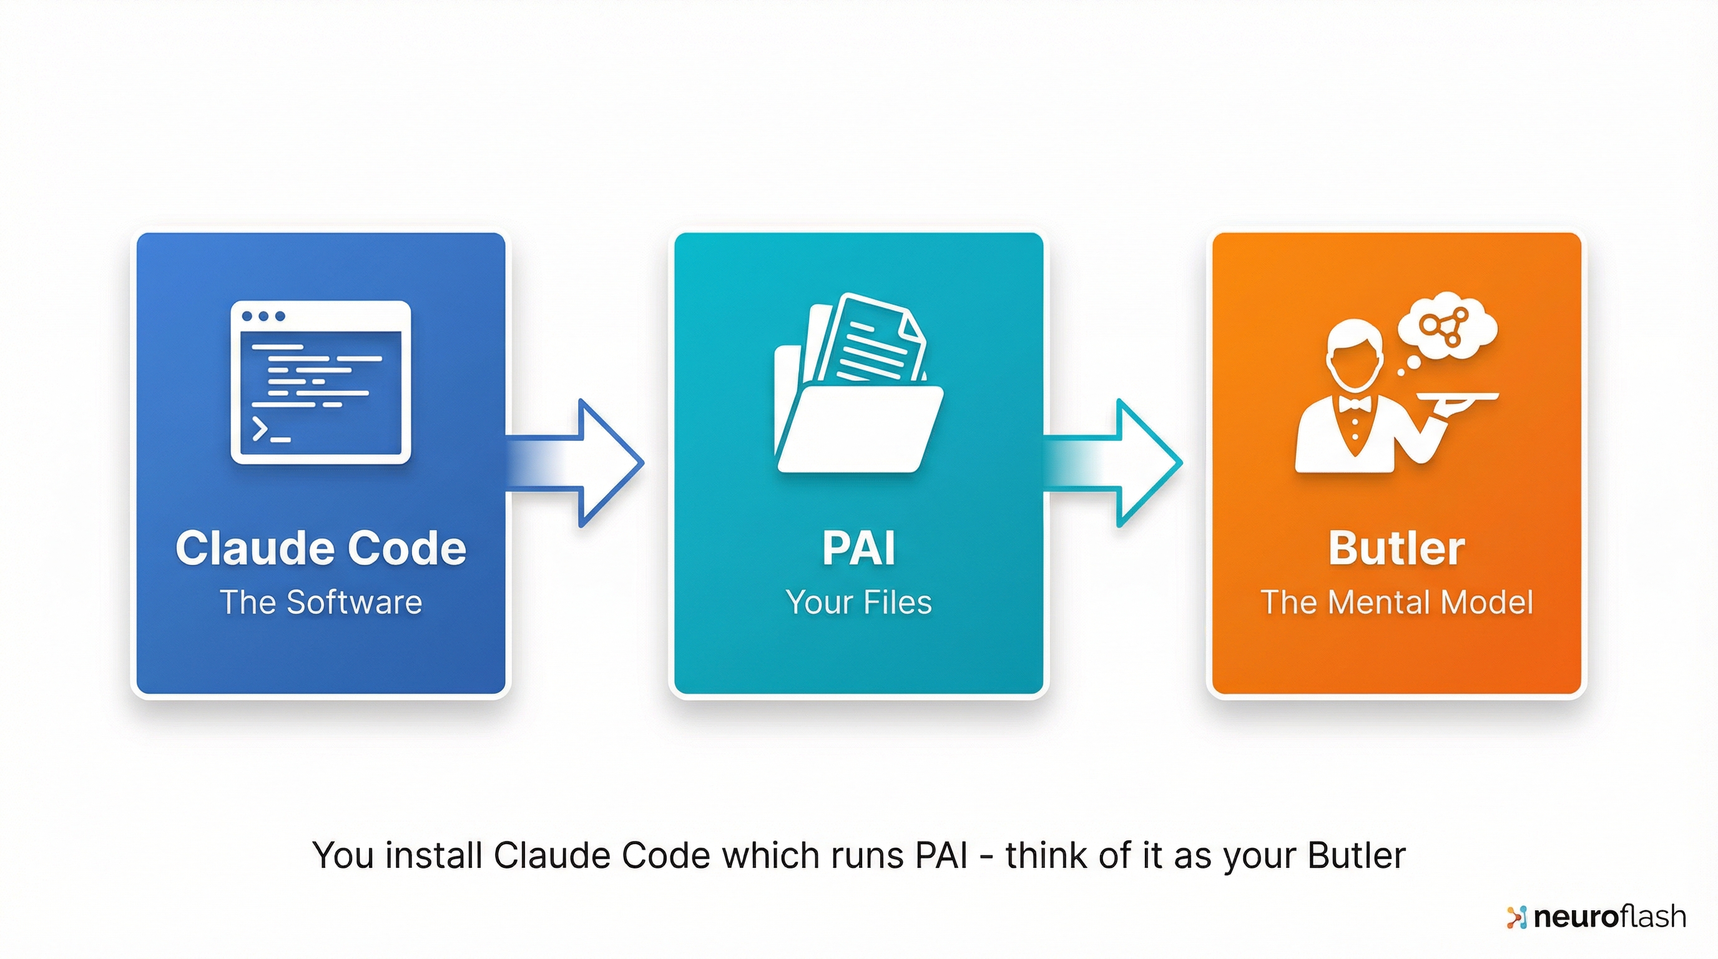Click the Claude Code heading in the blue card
tap(321, 548)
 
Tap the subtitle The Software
tap(321, 602)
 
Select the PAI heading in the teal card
tap(858, 548)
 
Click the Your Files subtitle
tap(858, 602)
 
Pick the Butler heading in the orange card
tap(1396, 548)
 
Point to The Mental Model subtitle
tap(1396, 602)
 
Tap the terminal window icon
tap(321, 382)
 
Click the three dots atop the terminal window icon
tap(263, 316)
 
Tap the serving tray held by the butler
tap(1458, 397)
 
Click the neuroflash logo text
tap(1609, 917)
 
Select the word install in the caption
tap(433, 855)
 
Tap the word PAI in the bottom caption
tap(941, 855)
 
